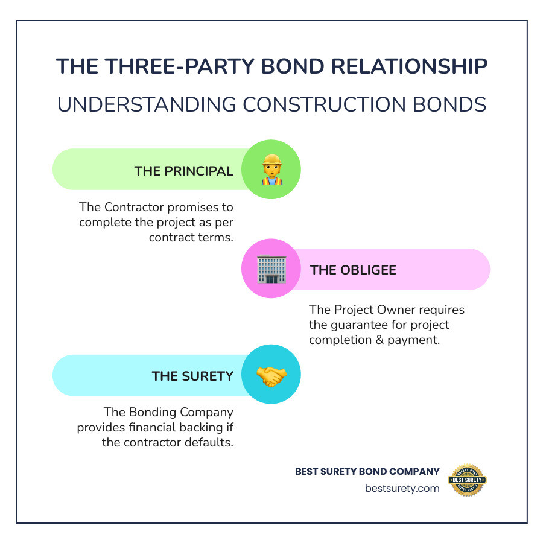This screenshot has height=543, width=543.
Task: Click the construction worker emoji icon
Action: (271, 170)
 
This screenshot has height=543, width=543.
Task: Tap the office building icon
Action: (271, 269)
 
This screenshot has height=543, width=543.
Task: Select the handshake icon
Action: (271, 376)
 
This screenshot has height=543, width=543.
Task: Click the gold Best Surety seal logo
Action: (467, 480)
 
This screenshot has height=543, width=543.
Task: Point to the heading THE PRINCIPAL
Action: (184, 171)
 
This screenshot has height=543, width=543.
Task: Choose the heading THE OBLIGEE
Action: (353, 270)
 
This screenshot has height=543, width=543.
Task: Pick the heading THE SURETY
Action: (192, 376)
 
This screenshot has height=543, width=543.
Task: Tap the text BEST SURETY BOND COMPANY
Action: (367, 471)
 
